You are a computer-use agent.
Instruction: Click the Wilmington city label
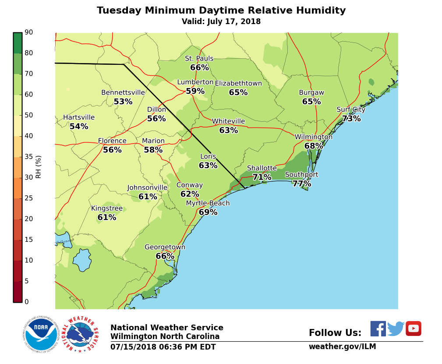point(313,137)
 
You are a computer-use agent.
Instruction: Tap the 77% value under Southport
point(301,184)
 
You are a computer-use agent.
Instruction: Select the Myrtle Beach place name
point(208,203)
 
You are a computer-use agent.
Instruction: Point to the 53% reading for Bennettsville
point(123,102)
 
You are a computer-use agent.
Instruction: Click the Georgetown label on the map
point(165,247)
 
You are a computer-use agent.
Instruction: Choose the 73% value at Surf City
point(351,119)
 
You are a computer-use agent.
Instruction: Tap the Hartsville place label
point(79,117)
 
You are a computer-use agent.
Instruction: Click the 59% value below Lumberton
point(195,91)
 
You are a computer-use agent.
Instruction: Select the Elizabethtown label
point(238,83)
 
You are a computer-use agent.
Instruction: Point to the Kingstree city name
point(107,209)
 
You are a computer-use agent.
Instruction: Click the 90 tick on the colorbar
point(29,32)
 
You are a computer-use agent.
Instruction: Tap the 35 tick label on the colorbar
point(29,157)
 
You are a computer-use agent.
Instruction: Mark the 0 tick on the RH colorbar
point(27,302)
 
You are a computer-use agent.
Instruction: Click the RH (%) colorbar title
point(39,167)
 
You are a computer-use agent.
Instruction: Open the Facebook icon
point(378,329)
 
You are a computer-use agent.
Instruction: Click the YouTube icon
point(413,329)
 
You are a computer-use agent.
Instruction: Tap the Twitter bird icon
point(396,329)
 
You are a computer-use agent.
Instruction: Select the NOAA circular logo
point(41,334)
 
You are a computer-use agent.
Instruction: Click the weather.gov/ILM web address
point(342,346)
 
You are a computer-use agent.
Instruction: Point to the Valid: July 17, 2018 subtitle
point(221,22)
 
